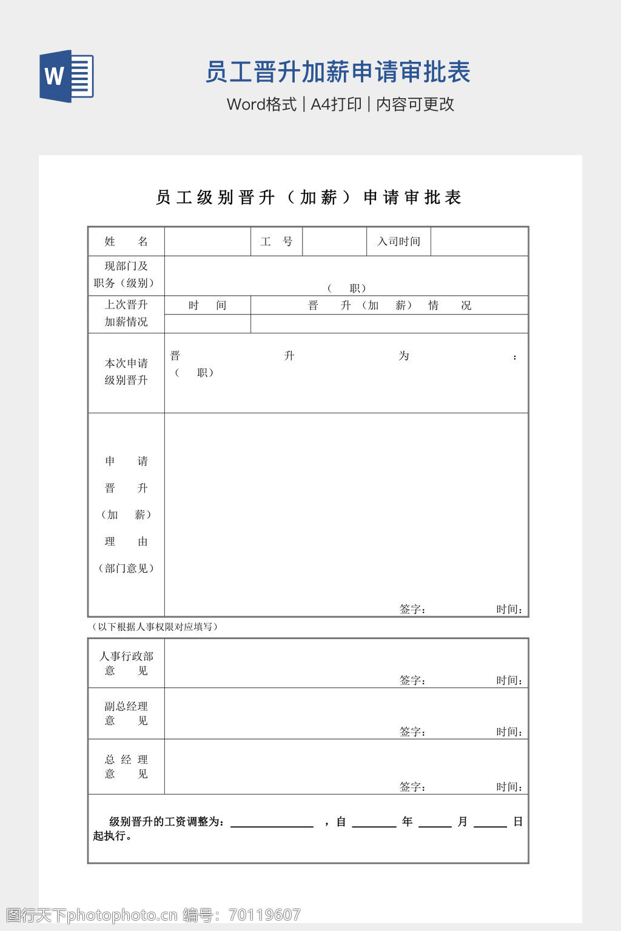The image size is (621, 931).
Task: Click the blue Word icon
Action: tap(66, 76)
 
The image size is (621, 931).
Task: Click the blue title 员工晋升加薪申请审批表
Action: tap(338, 72)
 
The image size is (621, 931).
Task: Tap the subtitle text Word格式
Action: tap(261, 104)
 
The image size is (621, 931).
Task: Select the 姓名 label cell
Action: tap(126, 241)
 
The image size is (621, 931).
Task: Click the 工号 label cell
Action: tap(277, 241)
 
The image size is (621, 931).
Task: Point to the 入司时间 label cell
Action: tap(398, 241)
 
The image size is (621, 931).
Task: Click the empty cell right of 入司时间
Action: tap(479, 241)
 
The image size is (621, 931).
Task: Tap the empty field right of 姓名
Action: tap(207, 241)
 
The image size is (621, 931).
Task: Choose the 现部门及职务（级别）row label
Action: tap(126, 275)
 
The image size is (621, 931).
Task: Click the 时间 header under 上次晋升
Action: tap(207, 305)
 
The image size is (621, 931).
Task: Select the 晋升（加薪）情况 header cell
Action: tap(389, 305)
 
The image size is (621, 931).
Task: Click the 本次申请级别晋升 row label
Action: tap(126, 372)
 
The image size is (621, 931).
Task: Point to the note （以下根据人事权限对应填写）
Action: tap(154, 627)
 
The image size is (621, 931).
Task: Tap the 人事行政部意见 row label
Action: tap(126, 663)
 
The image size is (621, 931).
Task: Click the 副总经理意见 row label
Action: tap(126, 713)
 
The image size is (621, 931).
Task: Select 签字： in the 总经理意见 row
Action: tap(412, 787)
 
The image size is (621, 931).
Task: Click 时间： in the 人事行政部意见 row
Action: tap(509, 681)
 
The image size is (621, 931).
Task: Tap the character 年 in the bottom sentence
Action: tap(407, 821)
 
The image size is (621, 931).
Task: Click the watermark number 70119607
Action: tap(265, 915)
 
